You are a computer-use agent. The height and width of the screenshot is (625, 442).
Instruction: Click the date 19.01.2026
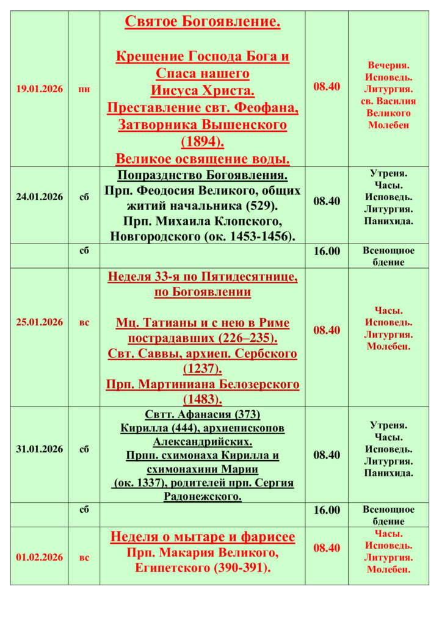[x=39, y=89]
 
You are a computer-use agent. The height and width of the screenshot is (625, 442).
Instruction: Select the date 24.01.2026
[x=39, y=197]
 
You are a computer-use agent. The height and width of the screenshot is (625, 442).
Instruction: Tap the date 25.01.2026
[x=39, y=322]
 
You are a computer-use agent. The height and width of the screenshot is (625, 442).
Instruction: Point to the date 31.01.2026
[x=39, y=449]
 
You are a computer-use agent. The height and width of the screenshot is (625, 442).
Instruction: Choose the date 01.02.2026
[x=39, y=557]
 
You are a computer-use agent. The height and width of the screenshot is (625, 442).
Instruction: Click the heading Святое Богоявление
[x=203, y=22]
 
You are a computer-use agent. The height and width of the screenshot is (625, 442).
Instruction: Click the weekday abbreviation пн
[x=84, y=89]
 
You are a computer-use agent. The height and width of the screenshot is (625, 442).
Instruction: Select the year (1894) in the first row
[x=203, y=142]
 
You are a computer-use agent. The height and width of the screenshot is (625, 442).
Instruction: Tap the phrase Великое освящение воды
[x=203, y=159]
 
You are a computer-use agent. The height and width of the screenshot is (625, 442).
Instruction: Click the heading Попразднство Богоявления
[x=203, y=175]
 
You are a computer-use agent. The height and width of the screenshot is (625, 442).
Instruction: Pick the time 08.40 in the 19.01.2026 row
[x=327, y=86]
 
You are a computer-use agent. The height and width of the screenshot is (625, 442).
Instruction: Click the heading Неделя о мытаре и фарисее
[x=203, y=537]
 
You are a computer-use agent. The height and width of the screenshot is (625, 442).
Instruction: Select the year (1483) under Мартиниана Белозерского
[x=203, y=400]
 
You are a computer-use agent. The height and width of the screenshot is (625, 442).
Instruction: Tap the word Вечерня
[x=388, y=65]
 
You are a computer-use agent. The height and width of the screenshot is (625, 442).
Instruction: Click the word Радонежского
[x=203, y=496]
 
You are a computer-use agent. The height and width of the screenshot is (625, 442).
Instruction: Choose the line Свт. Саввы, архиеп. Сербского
[x=203, y=354]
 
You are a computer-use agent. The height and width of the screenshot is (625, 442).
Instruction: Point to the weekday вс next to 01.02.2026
[x=84, y=557]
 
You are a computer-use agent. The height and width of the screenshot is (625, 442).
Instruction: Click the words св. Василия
[x=388, y=101]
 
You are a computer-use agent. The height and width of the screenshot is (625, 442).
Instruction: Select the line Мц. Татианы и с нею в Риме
[x=203, y=323]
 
